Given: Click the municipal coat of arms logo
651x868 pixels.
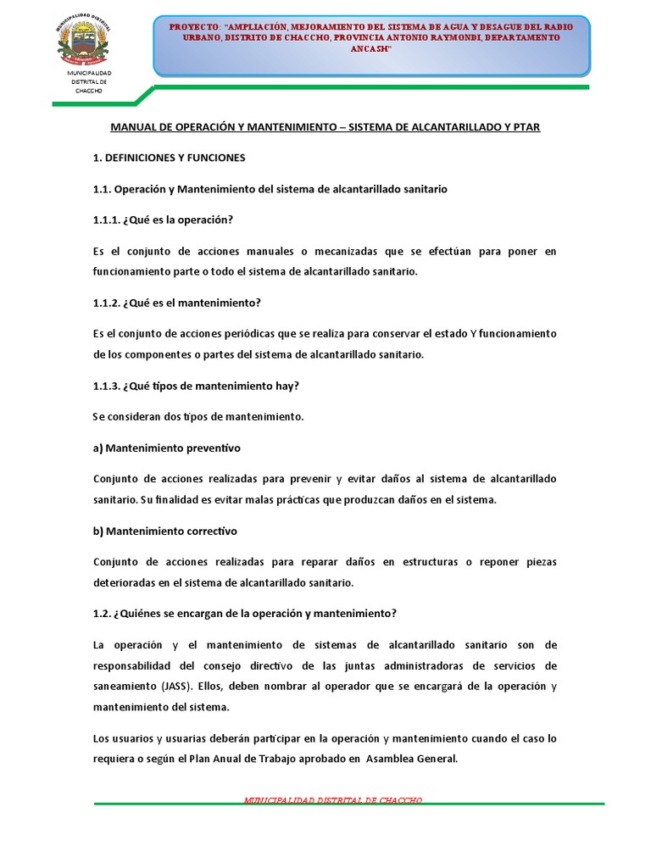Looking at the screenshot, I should coord(83,42).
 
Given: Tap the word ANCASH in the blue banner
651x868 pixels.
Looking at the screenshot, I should coord(370,49).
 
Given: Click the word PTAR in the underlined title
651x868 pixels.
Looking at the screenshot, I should coord(525,126).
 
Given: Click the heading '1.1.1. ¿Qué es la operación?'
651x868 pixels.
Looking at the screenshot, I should coord(163,220).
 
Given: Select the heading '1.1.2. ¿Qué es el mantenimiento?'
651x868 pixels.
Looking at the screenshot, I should coord(176,303).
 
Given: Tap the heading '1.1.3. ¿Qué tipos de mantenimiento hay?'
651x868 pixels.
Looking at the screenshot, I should coord(195,386).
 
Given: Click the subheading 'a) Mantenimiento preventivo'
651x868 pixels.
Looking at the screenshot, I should coord(167,448).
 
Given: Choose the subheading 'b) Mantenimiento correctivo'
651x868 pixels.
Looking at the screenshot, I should coord(165,531).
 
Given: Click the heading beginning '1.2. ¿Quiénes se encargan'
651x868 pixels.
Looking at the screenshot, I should coord(245,614).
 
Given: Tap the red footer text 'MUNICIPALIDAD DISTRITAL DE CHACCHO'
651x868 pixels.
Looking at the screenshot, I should coord(332,800).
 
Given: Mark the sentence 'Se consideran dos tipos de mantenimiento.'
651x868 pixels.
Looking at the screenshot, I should coord(198,416).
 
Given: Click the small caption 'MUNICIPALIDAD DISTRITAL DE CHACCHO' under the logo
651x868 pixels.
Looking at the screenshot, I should coord(88,81).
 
